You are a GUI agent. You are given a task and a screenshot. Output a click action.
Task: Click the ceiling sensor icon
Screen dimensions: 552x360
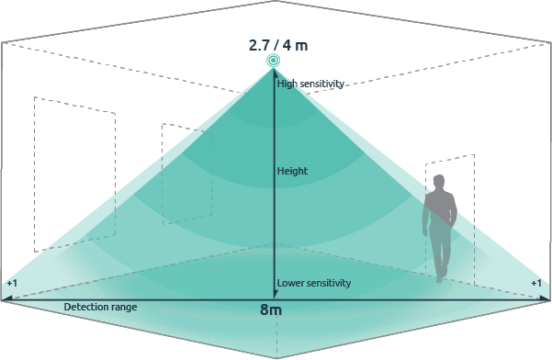coord(274,61)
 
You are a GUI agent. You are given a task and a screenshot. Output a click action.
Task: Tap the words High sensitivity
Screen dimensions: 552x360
coord(310,84)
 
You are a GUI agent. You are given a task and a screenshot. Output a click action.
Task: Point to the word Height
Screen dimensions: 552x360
coord(292,171)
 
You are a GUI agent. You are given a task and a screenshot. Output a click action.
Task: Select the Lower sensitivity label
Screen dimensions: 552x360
coord(314,283)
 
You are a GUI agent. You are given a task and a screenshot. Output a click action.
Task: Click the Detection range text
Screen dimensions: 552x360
coord(100,306)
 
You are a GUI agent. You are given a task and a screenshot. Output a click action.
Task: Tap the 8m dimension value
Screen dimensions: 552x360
coord(271,310)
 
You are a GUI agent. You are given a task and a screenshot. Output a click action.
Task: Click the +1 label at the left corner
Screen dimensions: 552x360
coord(11,283)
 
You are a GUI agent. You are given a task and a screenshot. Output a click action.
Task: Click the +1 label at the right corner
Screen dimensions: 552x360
coord(536,283)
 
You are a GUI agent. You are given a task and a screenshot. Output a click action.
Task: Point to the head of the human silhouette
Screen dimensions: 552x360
coord(439,182)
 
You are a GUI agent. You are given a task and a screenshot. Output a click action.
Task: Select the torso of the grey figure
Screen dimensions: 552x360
coord(439,211)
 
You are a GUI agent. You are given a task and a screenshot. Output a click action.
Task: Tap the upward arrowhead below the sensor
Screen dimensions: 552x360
coord(274,76)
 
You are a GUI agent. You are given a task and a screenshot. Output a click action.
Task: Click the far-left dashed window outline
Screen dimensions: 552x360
coord(73,174)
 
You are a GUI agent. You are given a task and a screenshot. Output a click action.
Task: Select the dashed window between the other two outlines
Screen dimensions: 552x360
coord(187,170)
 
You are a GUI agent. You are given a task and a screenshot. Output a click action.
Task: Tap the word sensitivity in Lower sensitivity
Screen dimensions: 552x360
coord(329,283)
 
